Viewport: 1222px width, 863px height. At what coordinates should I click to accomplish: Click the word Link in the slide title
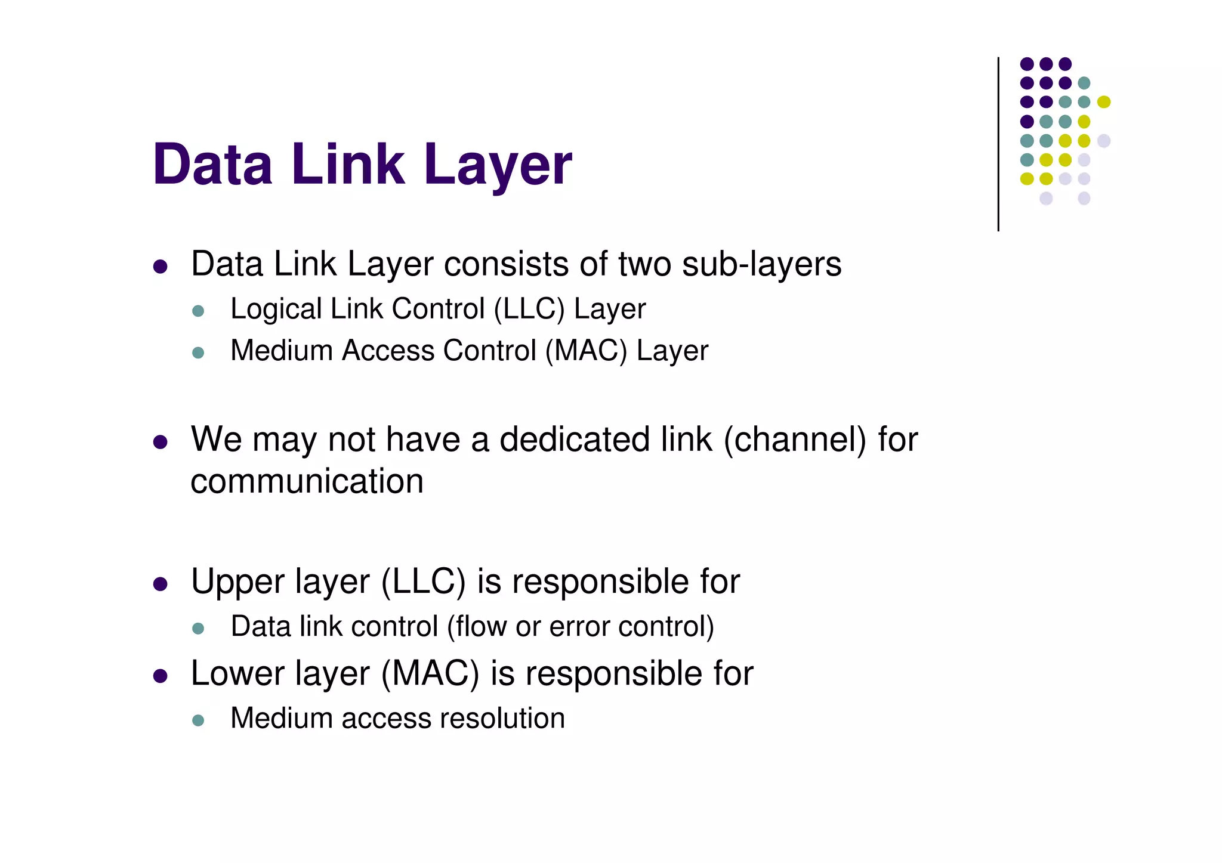click(x=347, y=165)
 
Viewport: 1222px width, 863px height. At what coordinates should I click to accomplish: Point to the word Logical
click(x=276, y=310)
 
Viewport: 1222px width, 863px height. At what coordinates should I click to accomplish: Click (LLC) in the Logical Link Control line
click(x=529, y=310)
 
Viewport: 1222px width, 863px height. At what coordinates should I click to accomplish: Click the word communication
click(x=307, y=481)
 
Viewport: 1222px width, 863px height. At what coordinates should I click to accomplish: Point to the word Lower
click(x=237, y=674)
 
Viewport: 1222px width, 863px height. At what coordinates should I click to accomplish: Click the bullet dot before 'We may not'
click(x=160, y=442)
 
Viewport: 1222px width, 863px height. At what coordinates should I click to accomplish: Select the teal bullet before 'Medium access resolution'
click(x=198, y=720)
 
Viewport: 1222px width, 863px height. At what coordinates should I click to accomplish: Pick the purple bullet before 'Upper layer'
click(x=160, y=583)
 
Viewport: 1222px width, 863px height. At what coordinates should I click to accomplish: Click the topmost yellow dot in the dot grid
click(x=1104, y=102)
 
